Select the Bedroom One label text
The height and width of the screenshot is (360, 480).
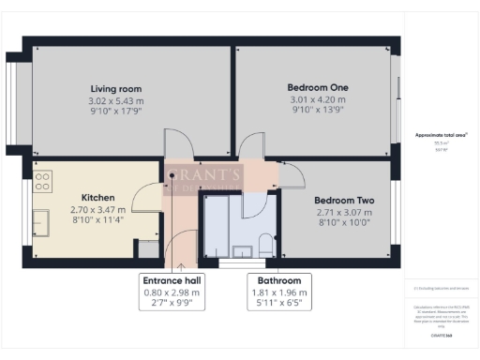(x=317, y=87)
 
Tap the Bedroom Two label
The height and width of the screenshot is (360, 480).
(x=344, y=201)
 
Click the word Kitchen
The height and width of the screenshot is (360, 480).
(x=97, y=198)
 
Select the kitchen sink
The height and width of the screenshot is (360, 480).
(x=42, y=222)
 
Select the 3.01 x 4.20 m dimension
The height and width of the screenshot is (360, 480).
(x=317, y=99)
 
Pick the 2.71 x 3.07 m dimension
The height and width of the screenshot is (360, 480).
(x=344, y=213)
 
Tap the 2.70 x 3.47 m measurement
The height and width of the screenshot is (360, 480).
(x=97, y=210)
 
